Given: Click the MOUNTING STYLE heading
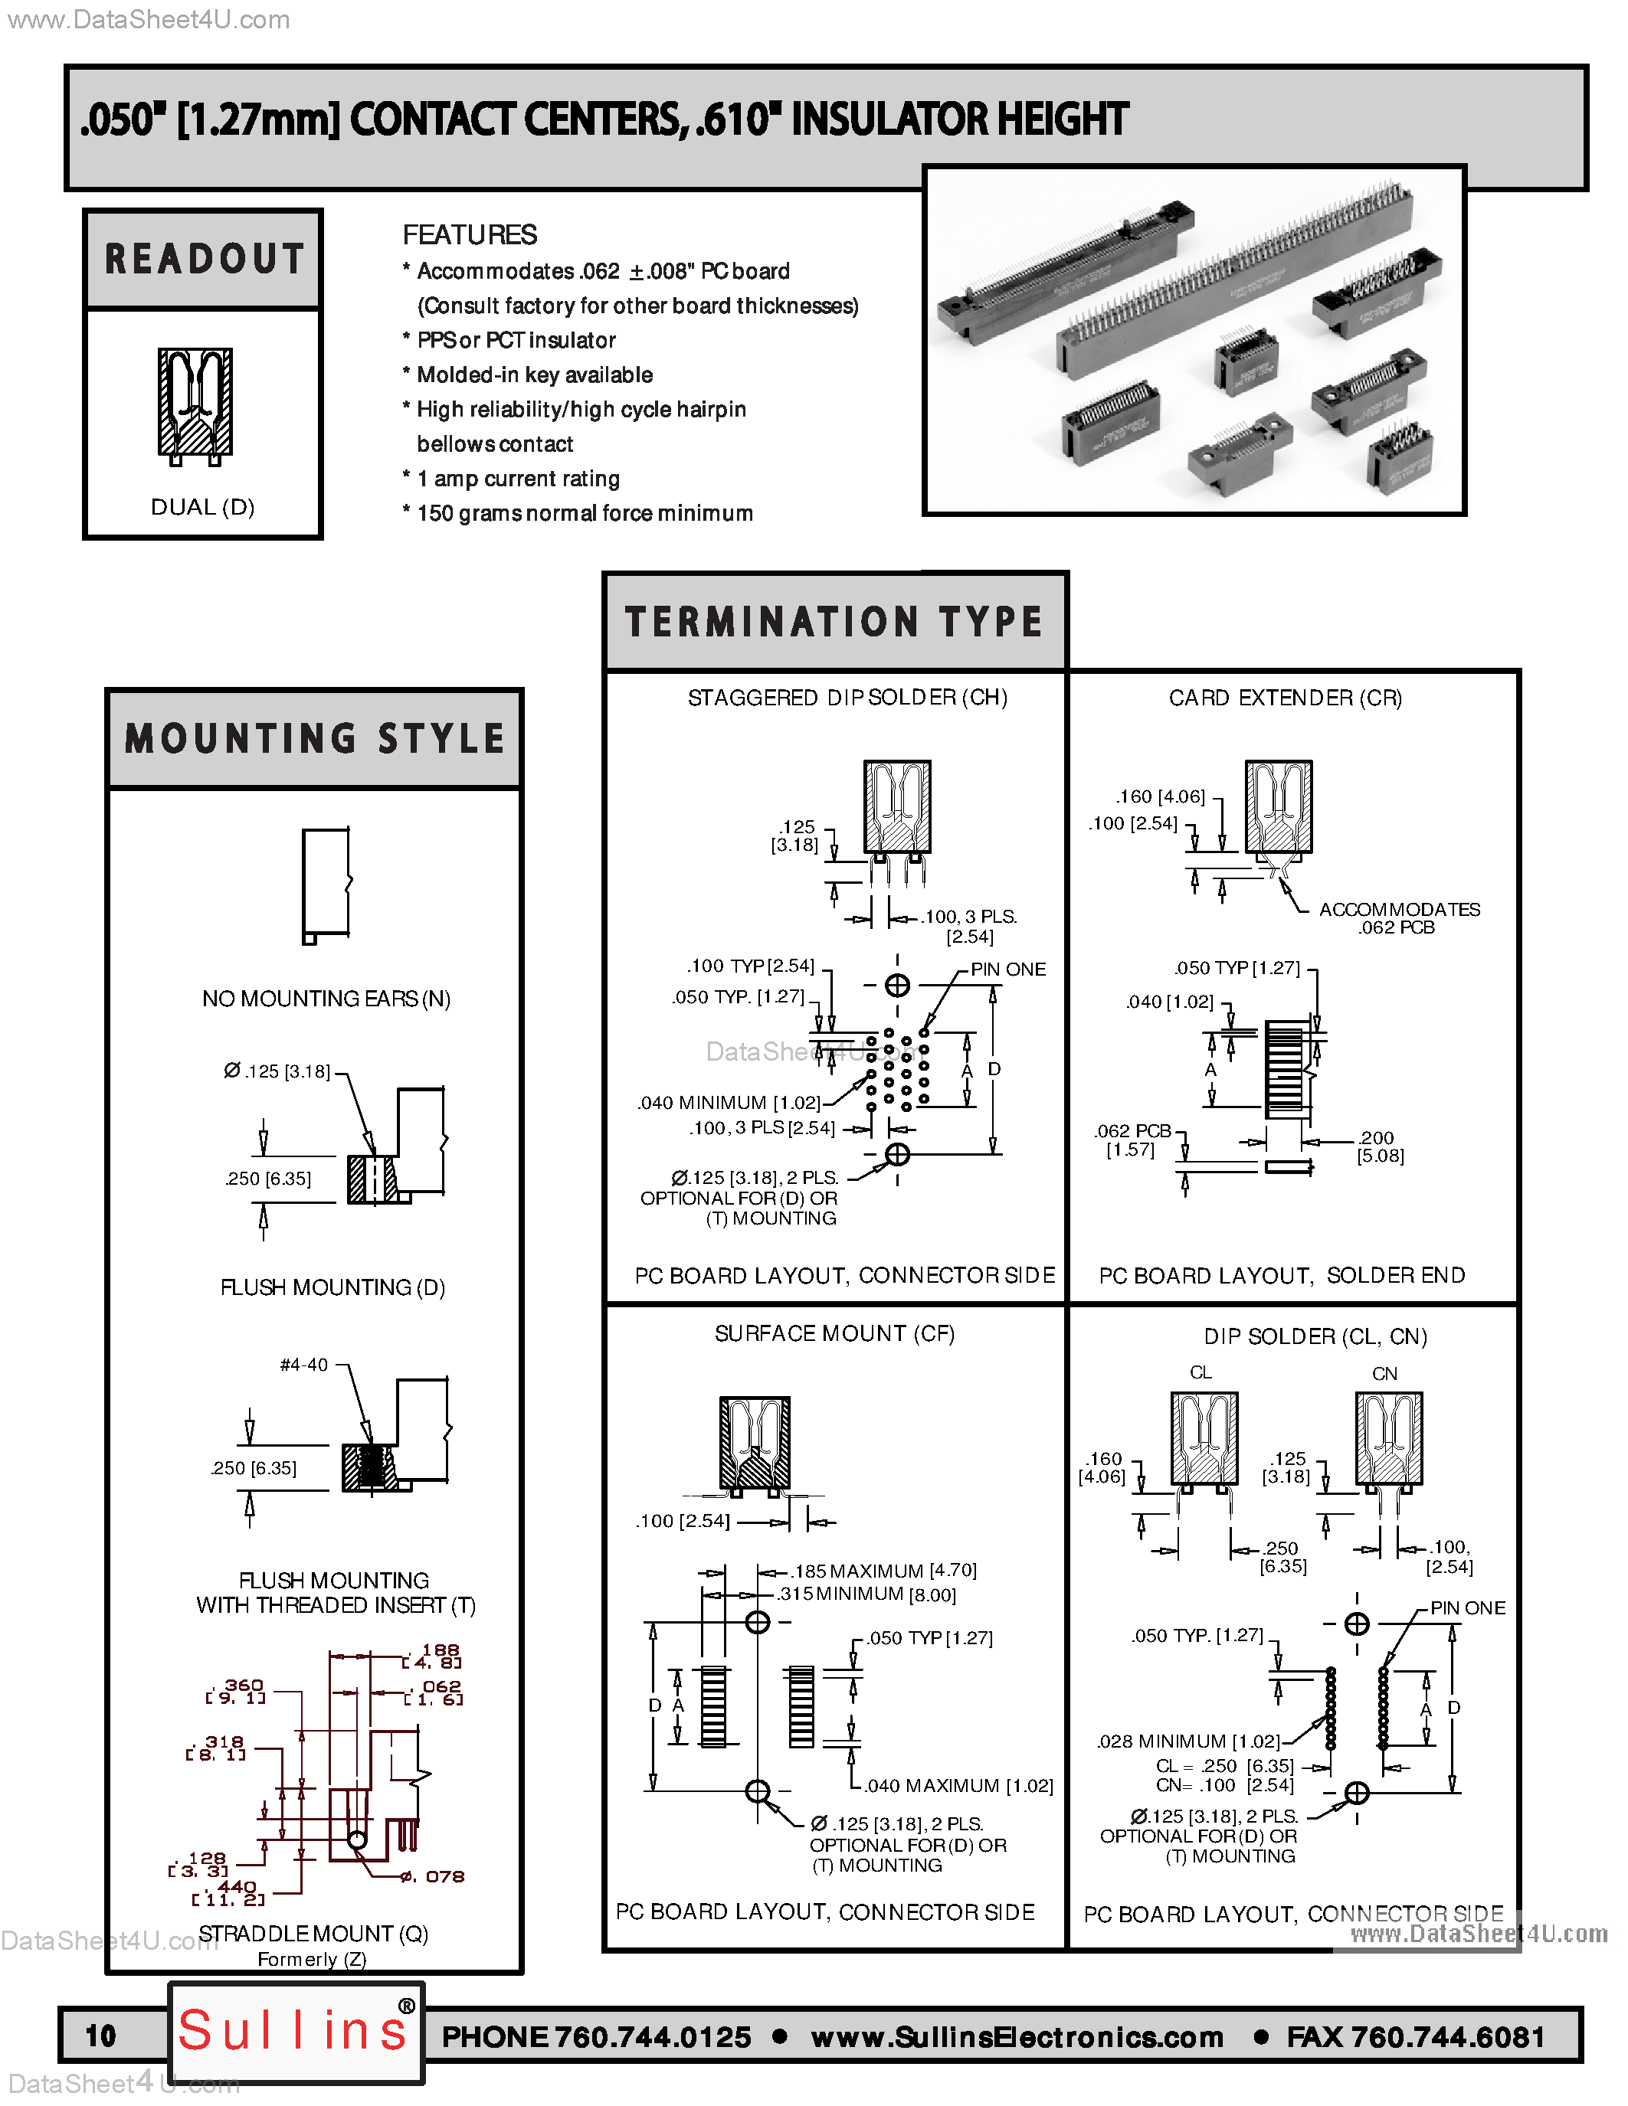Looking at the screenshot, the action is pyautogui.click(x=314, y=739).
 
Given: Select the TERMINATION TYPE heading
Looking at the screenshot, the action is pyautogui.click(x=834, y=622).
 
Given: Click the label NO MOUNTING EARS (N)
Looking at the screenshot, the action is pyautogui.click(x=326, y=999).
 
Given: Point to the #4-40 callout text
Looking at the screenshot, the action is pyautogui.click(x=304, y=1365).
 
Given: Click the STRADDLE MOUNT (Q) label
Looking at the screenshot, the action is pyautogui.click(x=313, y=1934).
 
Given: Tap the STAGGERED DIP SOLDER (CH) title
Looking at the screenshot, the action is pyautogui.click(x=848, y=697).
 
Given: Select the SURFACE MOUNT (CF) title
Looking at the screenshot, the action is pyautogui.click(x=834, y=1333).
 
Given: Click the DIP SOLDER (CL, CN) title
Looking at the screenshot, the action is pyautogui.click(x=1315, y=1336).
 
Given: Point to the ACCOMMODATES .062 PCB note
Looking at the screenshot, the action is pyautogui.click(x=1400, y=918).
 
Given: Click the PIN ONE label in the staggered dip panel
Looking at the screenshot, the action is pyautogui.click(x=1008, y=969).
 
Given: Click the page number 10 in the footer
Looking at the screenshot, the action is pyautogui.click(x=100, y=2036).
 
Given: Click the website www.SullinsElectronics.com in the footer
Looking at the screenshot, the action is pyautogui.click(x=1017, y=2036).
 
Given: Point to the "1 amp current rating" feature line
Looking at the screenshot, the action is pyautogui.click(x=511, y=479).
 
